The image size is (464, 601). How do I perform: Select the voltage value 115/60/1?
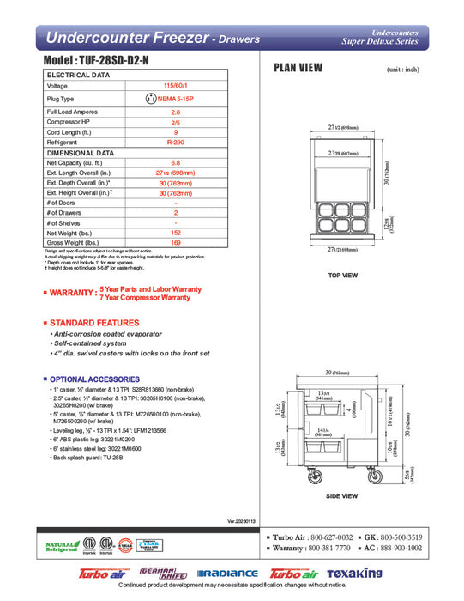(175, 86)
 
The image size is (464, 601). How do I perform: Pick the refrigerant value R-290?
(175, 142)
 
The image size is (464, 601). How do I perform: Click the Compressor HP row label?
(69, 122)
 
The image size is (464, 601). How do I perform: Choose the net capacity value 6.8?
(175, 162)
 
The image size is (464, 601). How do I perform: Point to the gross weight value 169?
(175, 243)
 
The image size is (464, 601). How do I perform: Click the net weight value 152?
(175, 233)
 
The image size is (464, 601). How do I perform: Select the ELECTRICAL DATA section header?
(78, 76)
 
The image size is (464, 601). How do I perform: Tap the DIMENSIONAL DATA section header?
(81, 152)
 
